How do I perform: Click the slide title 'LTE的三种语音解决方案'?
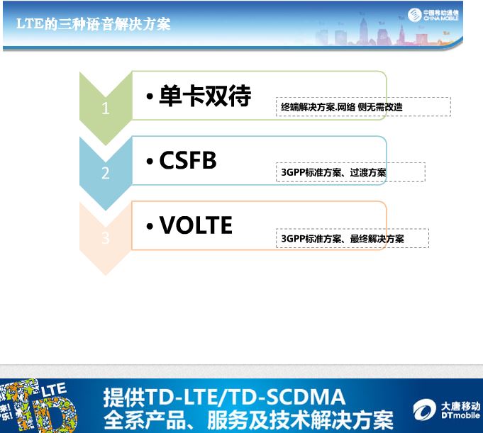click(93, 23)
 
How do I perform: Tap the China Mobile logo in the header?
click(414, 15)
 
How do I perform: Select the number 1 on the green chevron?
click(106, 108)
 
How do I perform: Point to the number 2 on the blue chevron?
click(106, 173)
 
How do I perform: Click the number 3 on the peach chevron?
click(106, 238)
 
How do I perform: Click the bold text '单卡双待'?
click(205, 96)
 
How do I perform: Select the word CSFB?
click(188, 160)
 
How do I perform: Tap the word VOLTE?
click(196, 225)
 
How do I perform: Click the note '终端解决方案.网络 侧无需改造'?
click(342, 107)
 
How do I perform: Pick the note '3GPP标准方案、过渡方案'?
click(333, 172)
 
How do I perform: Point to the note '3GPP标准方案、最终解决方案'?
click(343, 239)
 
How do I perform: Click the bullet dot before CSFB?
click(150, 162)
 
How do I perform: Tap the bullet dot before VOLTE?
click(150, 227)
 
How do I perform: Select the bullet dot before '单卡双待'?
click(150, 96)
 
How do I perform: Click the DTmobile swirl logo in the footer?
click(424, 410)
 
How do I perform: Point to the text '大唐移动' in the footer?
click(460, 406)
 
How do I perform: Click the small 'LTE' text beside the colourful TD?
click(54, 390)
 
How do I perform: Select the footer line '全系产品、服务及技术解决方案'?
click(248, 420)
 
